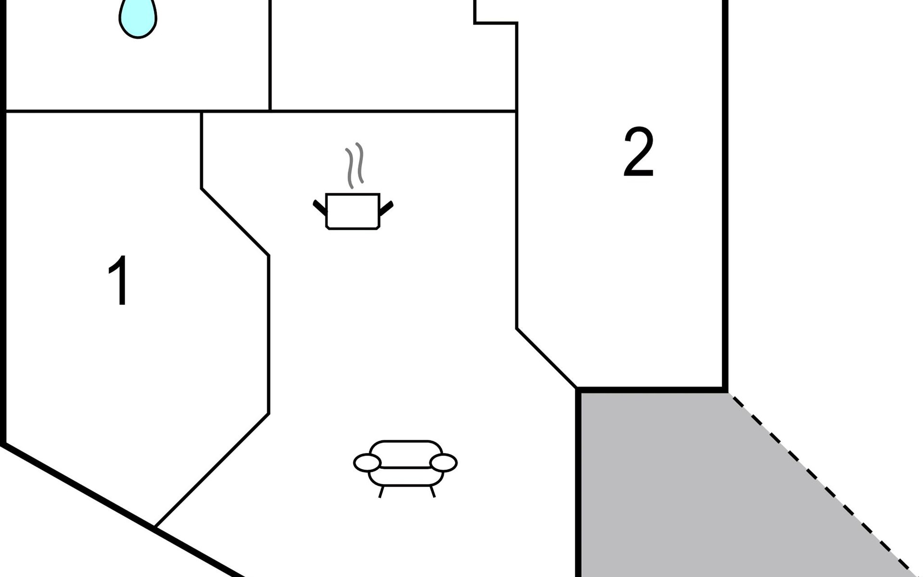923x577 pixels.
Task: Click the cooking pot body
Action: click(353, 211)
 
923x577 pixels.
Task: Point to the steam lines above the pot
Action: click(355, 164)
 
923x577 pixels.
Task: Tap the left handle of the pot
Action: click(320, 207)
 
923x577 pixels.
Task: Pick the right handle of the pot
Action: click(386, 208)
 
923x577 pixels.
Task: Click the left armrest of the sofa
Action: click(367, 463)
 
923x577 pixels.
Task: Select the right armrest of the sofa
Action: click(443, 463)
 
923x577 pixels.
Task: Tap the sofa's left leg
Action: click(381, 491)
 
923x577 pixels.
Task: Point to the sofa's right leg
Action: click(432, 491)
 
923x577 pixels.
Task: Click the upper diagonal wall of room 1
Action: click(235, 222)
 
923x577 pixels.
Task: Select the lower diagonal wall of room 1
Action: click(212, 470)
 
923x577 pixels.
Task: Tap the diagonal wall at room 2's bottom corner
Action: click(546, 358)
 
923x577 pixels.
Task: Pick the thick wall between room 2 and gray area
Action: click(651, 389)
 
